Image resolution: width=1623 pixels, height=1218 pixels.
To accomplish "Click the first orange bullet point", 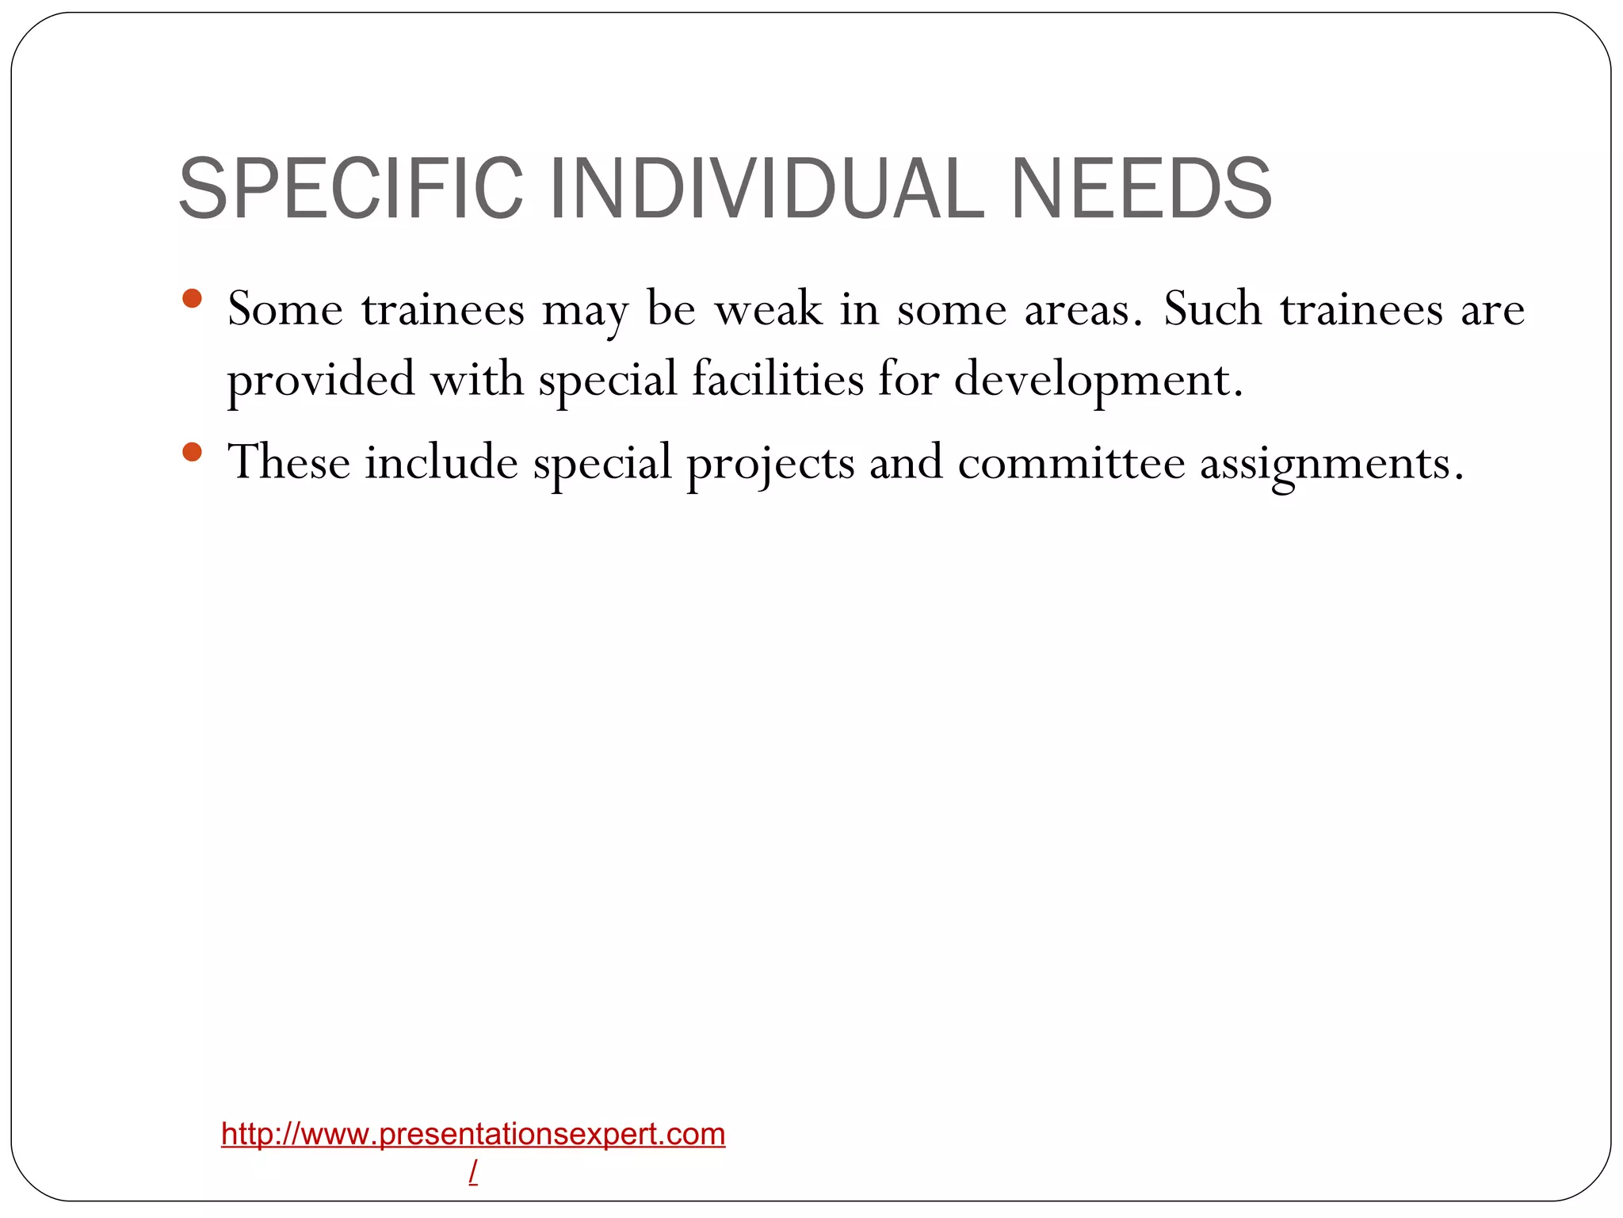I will (x=192, y=300).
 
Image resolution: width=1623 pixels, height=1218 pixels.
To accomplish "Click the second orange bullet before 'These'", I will (x=192, y=453).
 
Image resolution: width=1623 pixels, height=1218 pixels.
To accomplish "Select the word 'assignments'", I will (x=1331, y=464).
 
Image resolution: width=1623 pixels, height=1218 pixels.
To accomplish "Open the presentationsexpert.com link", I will (x=473, y=1135).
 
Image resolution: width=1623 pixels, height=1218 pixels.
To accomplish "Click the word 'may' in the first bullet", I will (x=585, y=311).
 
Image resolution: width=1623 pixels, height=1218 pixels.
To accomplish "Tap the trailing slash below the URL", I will (x=473, y=1171).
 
